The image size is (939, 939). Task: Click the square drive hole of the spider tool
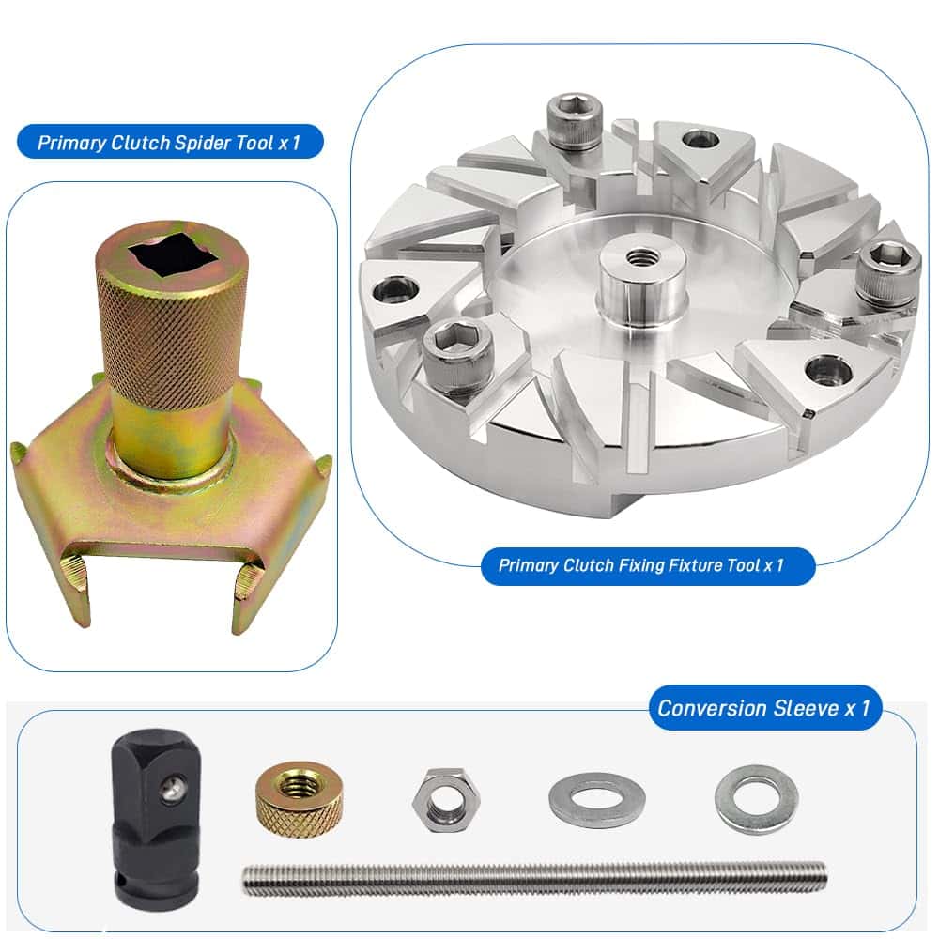174,257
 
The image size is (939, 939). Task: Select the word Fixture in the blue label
692,565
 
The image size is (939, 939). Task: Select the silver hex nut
447,800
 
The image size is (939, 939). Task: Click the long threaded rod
534,878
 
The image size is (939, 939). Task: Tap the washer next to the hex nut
596,799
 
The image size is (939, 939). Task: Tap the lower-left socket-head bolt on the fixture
457,356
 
